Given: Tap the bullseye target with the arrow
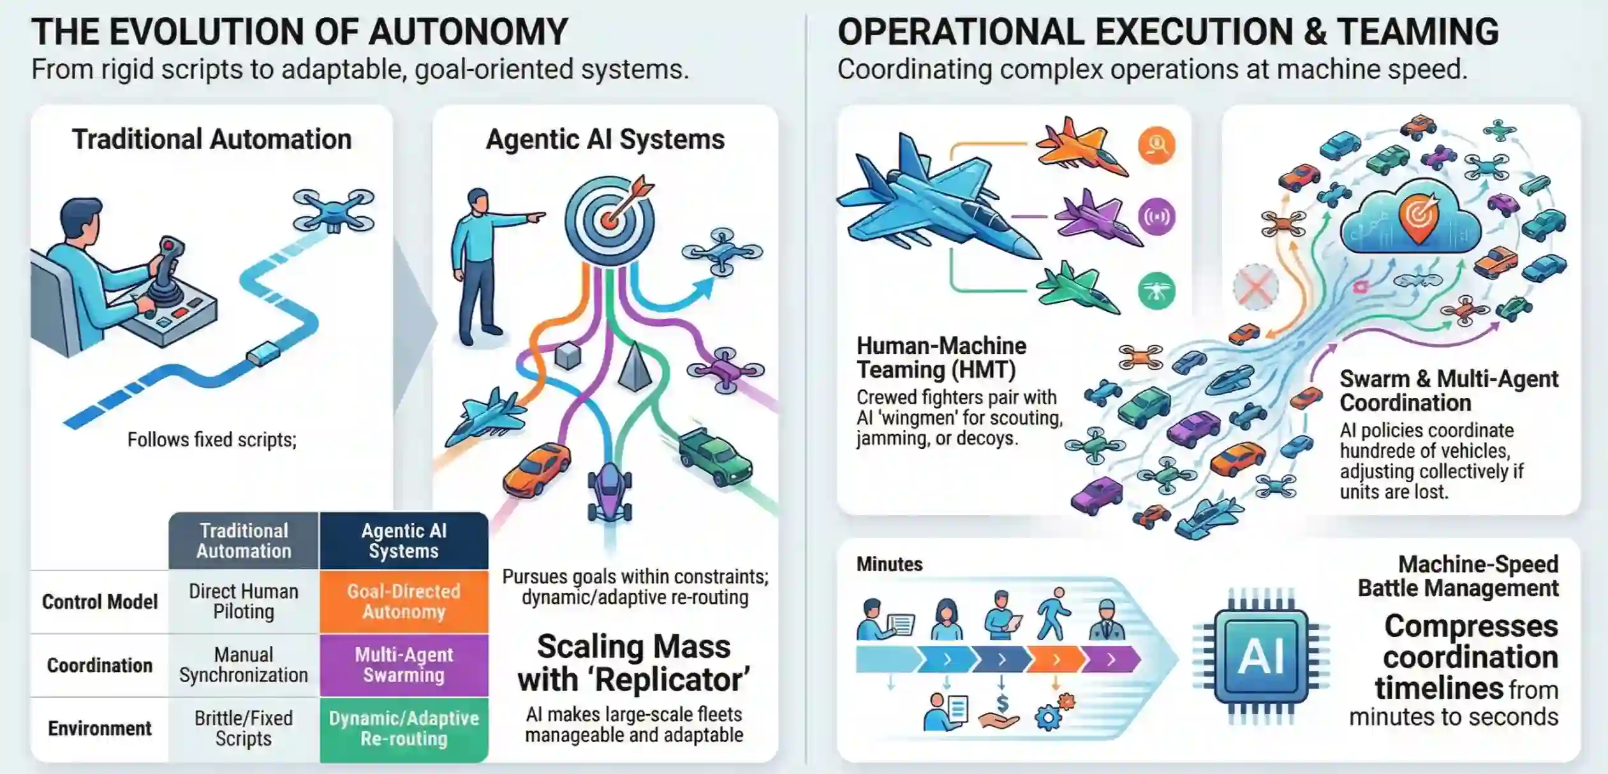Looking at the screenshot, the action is pos(610,217).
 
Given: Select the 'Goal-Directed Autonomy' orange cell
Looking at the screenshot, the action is pos(404,601).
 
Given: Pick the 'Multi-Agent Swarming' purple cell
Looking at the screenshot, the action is pos(404,664).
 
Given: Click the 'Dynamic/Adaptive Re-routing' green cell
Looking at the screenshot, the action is pos(404,728).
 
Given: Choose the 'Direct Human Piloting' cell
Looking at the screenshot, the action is pos(244,601).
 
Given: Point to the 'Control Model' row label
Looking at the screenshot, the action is pos(100,602).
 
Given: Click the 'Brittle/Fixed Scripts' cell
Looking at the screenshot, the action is pos(244,728).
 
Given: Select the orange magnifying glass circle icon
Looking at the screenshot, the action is pos(1156,145).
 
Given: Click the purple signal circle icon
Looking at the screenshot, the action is pos(1156,217).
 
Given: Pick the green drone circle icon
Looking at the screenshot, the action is pos(1156,291).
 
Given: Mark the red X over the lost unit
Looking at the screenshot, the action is pos(1255,287).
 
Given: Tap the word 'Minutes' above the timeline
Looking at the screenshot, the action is pos(889,564).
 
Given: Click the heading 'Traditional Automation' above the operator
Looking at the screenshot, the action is pos(211,139).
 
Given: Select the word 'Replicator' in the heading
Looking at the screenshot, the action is pos(673,680).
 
